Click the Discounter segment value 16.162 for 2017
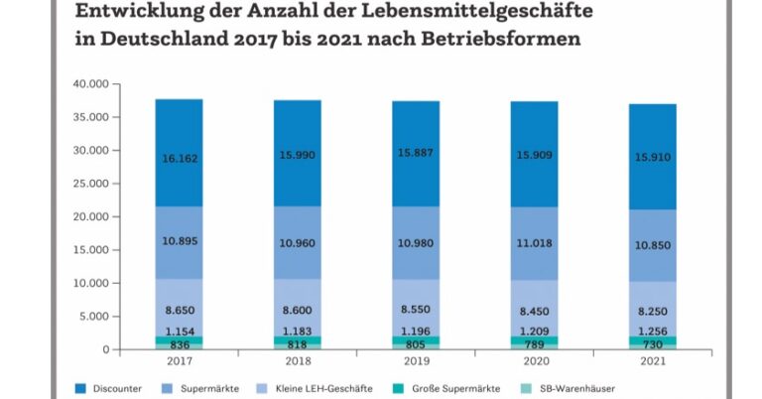pos(179,157)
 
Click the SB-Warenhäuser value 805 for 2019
pos(415,343)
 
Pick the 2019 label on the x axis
pos(415,362)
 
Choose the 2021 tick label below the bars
pos(651,362)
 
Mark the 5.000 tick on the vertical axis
pos(91,317)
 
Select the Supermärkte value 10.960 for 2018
pos(297,242)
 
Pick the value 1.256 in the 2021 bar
pos(652,331)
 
